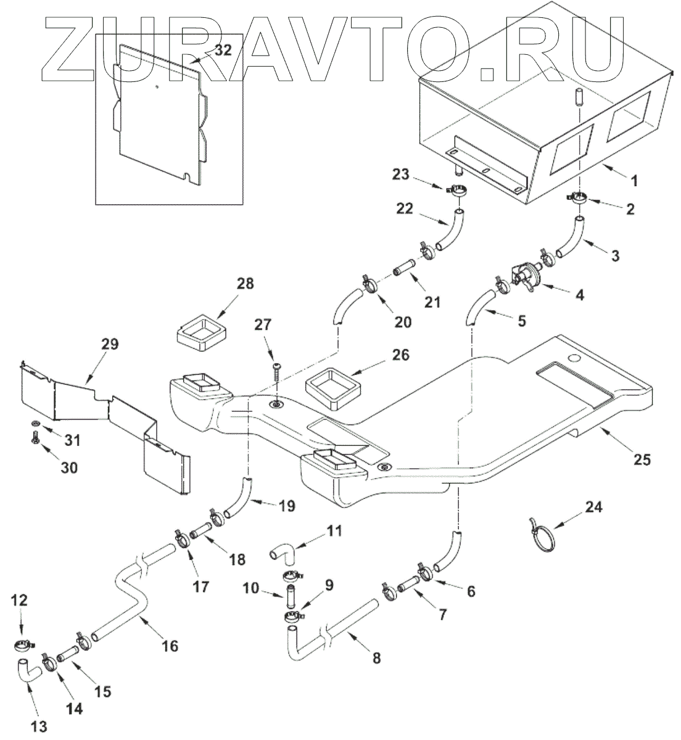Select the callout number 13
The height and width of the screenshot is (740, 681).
38,726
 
